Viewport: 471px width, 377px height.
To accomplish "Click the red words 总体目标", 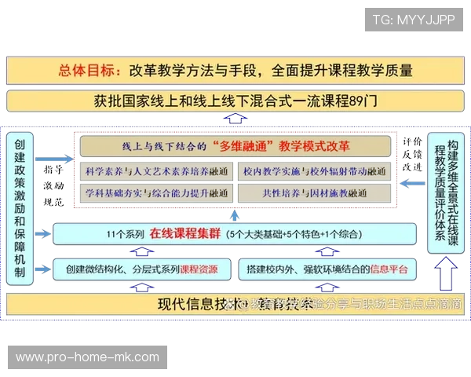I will (89, 71).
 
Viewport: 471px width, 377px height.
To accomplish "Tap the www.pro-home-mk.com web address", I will (87, 357).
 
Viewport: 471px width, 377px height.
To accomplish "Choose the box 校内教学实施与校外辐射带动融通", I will (314, 170).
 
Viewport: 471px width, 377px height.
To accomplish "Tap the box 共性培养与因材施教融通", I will (314, 192).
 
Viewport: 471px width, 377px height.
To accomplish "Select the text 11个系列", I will (124, 233).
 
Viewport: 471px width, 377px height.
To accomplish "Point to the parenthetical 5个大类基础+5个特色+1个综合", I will (294, 233).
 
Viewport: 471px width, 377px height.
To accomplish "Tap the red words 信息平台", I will (388, 269).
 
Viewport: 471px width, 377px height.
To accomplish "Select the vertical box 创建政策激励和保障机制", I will (20, 208).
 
